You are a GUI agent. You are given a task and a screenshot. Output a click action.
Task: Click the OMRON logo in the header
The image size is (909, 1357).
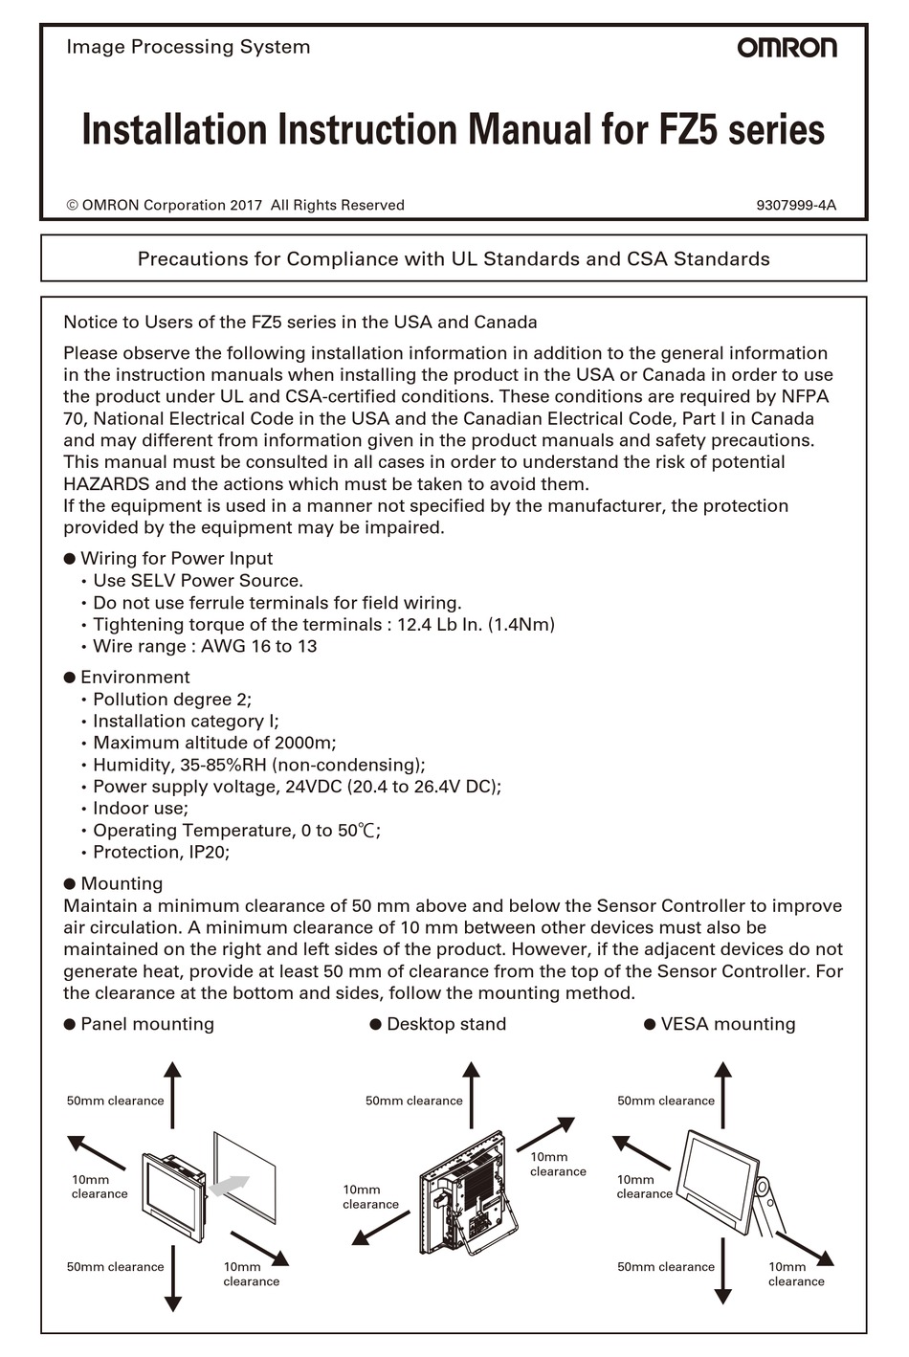(x=786, y=48)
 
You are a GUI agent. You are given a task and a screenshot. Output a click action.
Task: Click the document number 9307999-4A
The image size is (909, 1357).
(x=795, y=205)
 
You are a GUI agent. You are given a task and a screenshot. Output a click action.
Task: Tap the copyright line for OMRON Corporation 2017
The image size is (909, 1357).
(x=235, y=205)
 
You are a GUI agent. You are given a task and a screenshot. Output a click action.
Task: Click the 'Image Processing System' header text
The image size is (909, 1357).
(x=188, y=47)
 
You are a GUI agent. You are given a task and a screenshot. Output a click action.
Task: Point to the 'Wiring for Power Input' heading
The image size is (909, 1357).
(x=176, y=559)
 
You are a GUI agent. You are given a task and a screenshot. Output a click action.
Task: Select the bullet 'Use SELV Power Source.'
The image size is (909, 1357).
(x=197, y=581)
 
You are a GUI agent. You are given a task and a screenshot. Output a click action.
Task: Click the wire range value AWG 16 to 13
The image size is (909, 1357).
(x=258, y=647)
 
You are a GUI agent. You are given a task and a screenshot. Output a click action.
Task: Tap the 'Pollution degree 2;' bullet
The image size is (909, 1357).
(x=172, y=700)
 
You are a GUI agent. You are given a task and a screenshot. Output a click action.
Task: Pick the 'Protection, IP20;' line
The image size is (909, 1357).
(x=161, y=853)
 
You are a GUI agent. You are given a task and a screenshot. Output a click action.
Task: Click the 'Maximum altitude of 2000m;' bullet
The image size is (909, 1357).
(x=214, y=744)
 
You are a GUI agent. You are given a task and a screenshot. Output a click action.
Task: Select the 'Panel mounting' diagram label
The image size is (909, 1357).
(x=146, y=1024)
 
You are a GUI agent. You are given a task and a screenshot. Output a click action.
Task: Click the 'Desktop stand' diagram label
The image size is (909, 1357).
(x=446, y=1024)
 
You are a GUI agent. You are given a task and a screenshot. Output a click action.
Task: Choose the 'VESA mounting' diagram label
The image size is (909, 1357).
(x=727, y=1024)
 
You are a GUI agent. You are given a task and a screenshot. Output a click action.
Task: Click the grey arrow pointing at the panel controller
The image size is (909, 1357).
(x=228, y=1187)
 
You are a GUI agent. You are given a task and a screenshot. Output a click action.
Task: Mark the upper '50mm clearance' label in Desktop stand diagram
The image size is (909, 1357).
(x=413, y=1101)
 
